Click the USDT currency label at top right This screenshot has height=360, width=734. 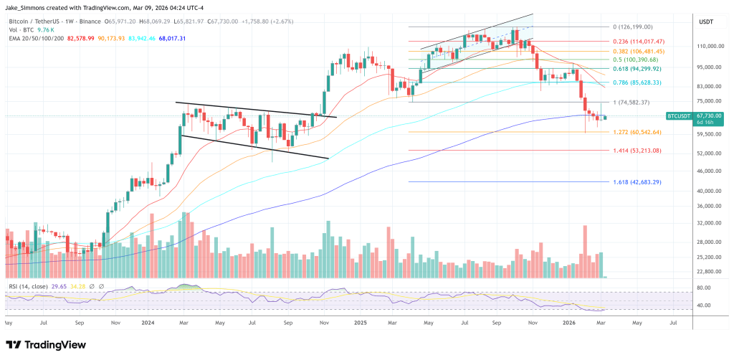[705, 22]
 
